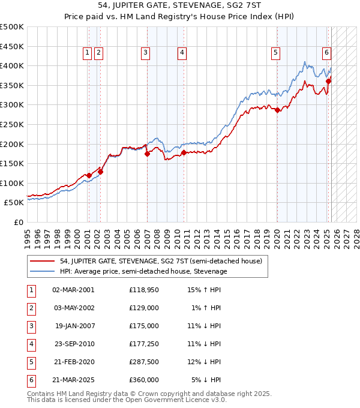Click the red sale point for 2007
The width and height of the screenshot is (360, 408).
pos(147,154)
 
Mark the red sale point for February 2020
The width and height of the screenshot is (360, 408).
pos(277,110)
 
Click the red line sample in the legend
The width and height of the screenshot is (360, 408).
pos(42,261)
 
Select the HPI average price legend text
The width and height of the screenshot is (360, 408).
pos(143,271)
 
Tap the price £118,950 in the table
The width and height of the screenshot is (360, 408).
pos(144,290)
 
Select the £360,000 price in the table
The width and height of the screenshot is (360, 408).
pos(144,380)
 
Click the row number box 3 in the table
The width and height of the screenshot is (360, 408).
pos(30,326)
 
